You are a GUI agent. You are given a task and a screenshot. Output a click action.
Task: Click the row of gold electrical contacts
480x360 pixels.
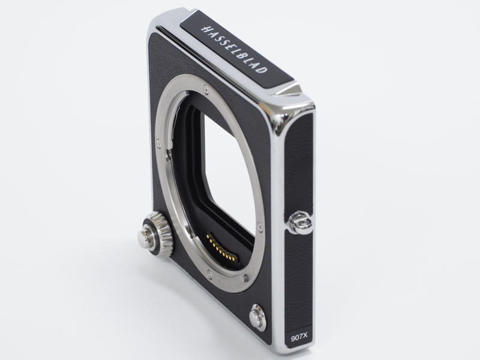220,247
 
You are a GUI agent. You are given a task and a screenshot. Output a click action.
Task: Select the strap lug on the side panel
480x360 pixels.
301,223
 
